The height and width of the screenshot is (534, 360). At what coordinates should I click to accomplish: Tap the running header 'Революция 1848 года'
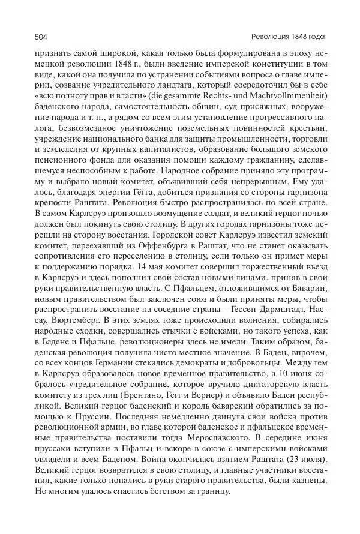tap(295, 36)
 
